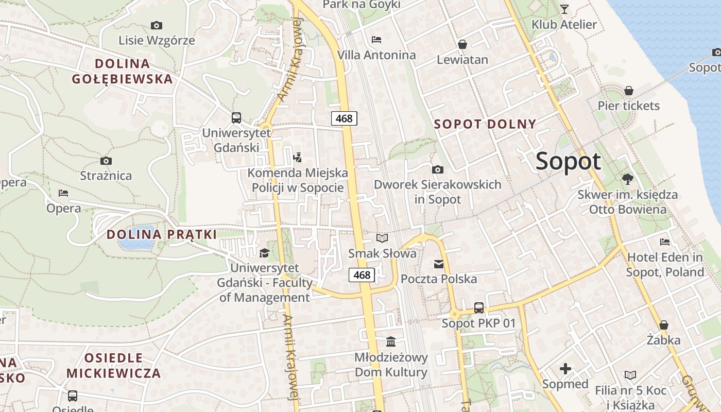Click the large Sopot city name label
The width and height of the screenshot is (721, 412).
pyautogui.click(x=568, y=161)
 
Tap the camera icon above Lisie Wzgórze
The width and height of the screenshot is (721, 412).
pyautogui.click(x=156, y=25)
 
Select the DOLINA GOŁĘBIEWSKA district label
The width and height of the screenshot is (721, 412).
pyautogui.click(x=123, y=71)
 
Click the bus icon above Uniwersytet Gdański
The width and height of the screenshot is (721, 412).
pyautogui.click(x=236, y=118)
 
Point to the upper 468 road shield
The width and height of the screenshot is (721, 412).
pyautogui.click(x=344, y=118)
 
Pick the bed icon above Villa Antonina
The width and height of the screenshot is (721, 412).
pyautogui.click(x=376, y=39)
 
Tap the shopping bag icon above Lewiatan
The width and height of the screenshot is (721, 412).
pyautogui.click(x=462, y=44)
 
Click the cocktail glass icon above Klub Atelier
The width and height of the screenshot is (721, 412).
pyautogui.click(x=564, y=9)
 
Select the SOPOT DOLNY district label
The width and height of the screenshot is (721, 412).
pyautogui.click(x=485, y=124)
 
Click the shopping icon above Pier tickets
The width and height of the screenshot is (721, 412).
pyautogui.click(x=628, y=91)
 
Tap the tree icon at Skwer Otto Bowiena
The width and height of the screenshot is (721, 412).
pyautogui.click(x=627, y=179)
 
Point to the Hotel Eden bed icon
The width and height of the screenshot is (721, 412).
pyautogui.click(x=665, y=242)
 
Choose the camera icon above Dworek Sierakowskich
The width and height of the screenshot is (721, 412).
pyautogui.click(x=437, y=169)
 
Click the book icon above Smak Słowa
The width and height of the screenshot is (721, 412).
pyautogui.click(x=382, y=238)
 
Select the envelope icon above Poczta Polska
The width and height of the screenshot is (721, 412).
pyautogui.click(x=439, y=264)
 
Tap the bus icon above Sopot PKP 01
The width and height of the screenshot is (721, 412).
pyautogui.click(x=479, y=308)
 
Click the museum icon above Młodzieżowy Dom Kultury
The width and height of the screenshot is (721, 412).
pyautogui.click(x=391, y=342)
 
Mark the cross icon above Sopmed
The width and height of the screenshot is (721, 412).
pyautogui.click(x=565, y=369)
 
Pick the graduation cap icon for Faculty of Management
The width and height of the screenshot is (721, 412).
pyautogui.click(x=264, y=253)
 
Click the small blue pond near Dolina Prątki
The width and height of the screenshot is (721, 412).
pyautogui.click(x=137, y=237)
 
